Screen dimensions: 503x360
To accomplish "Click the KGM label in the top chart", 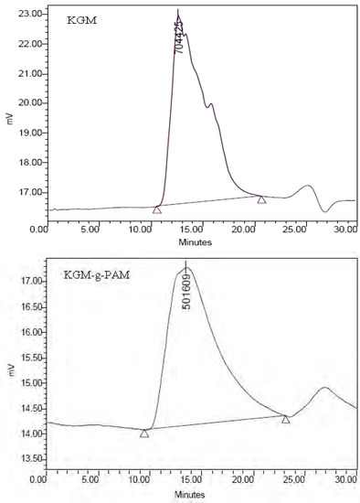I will point(81,19).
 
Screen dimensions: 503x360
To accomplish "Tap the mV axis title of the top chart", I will point(8,118).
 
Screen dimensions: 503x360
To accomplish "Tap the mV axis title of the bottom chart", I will point(8,373).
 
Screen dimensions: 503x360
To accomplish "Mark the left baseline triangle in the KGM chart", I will point(157,209).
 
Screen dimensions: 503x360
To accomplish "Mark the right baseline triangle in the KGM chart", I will point(261,199).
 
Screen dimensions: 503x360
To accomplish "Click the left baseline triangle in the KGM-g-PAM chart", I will point(144,433).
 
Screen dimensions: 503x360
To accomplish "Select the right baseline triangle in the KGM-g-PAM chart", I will point(286,420).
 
